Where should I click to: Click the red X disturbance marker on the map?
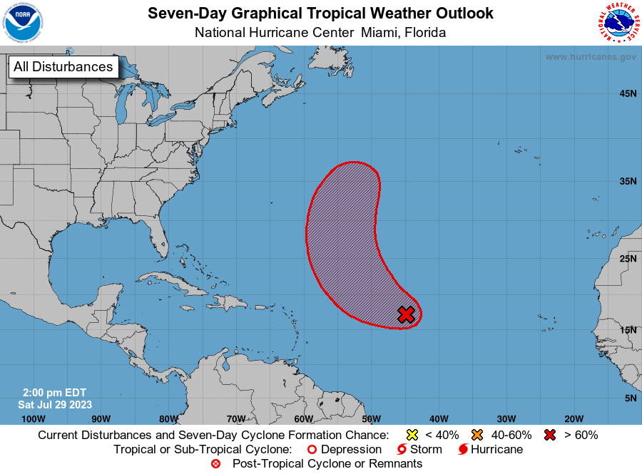(406, 314)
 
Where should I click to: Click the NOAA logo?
(22, 23)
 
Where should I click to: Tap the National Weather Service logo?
(617, 23)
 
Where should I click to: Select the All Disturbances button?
(63, 67)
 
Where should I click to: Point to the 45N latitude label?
(628, 93)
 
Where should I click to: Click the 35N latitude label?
(628, 181)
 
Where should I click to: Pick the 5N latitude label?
(630, 398)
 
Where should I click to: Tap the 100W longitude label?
(33, 418)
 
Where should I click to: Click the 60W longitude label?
(302, 418)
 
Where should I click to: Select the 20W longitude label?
(574, 418)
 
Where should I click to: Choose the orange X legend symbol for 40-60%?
(477, 435)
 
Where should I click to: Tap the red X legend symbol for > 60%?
(550, 435)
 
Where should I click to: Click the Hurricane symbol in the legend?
(463, 450)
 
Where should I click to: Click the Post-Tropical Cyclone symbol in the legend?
(216, 464)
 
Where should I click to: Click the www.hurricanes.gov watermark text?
(591, 56)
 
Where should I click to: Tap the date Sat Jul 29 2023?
(55, 404)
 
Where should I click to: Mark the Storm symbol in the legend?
(402, 450)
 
